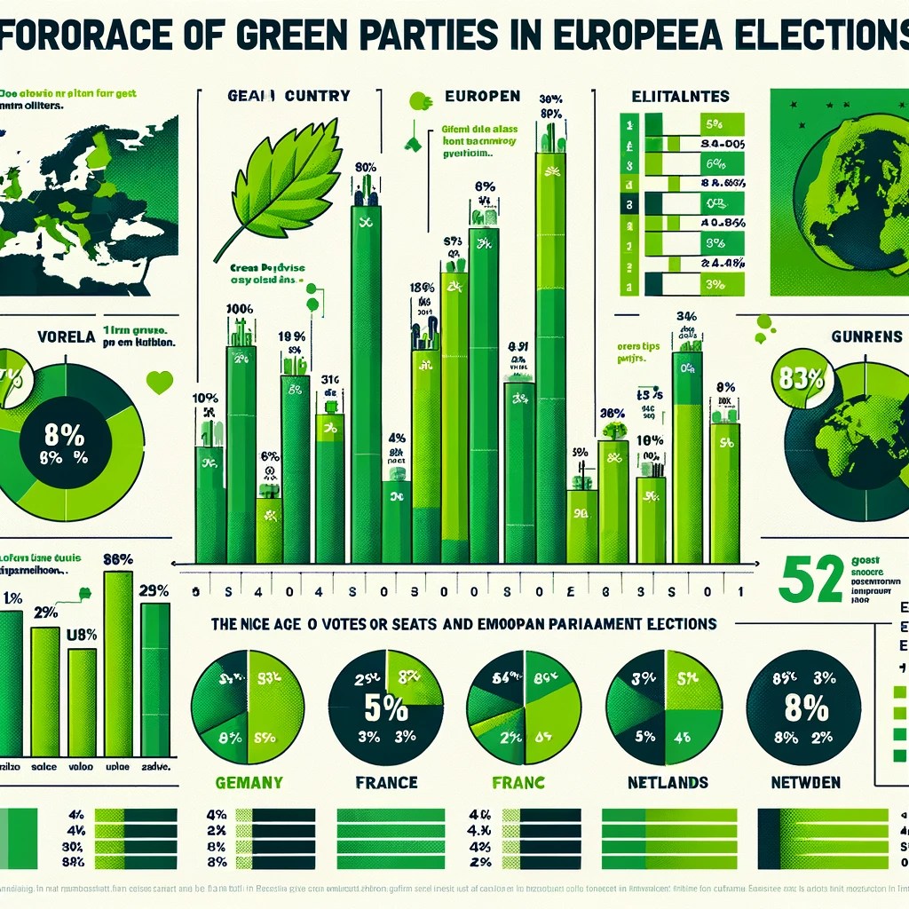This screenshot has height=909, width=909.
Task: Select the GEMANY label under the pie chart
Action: point(249,783)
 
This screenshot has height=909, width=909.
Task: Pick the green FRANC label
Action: point(518,783)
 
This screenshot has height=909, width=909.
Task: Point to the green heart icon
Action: point(159,383)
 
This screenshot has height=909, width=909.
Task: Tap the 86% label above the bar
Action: point(118,559)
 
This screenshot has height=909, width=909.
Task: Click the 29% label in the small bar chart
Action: point(154,590)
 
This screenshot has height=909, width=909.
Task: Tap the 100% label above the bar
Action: point(240,310)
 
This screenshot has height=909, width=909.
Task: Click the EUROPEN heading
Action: point(470,96)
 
